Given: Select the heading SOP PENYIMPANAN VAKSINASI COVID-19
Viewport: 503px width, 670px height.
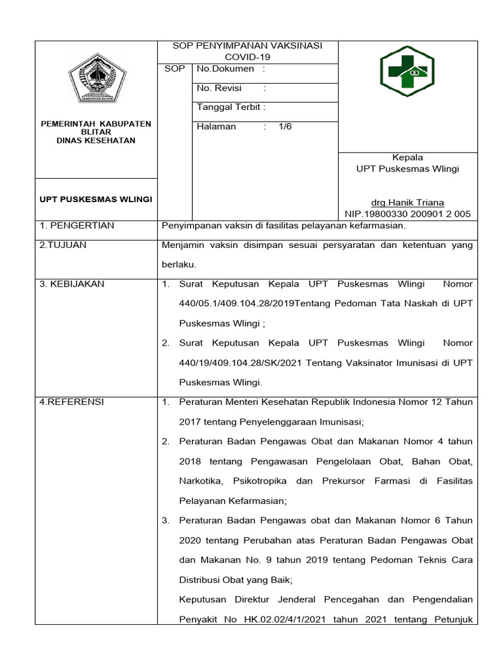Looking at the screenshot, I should (x=248, y=51).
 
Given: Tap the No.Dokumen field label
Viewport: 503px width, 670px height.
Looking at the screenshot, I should (x=225, y=69).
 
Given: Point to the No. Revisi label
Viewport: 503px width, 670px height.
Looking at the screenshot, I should (x=219, y=88).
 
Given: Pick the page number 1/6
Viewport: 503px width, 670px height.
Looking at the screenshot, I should (x=285, y=126).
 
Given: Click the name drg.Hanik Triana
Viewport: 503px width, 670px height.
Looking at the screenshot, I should (x=407, y=203).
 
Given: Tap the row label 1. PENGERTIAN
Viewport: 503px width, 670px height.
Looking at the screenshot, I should (x=77, y=226).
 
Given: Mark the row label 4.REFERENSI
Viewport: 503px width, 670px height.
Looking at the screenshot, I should (x=71, y=402).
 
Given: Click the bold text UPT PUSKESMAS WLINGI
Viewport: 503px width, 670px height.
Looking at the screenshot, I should (x=96, y=199).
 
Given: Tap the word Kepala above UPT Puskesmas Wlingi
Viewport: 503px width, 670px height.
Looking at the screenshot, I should (x=407, y=157).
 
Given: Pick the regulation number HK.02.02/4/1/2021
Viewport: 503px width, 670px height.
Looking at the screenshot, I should (x=279, y=619).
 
